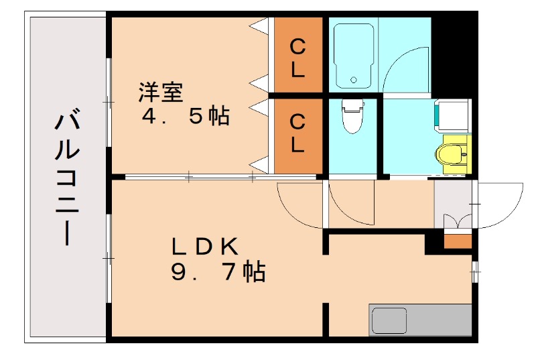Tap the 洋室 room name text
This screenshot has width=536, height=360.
pos(160,92)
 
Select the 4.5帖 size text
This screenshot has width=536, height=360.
pos(185,117)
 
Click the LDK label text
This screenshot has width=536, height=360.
pos(204,247)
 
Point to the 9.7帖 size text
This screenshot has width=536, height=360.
pos(218,272)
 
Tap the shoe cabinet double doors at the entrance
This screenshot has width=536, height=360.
pos(459,221)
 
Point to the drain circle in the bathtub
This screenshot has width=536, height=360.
pos(353,81)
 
